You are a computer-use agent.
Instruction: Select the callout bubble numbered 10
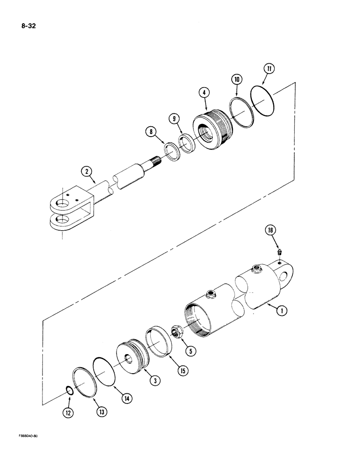tap(237, 80)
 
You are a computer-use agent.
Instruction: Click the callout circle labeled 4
tap(203, 94)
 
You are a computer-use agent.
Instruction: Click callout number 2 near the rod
tap(86, 172)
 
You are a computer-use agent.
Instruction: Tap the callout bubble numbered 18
tap(271, 230)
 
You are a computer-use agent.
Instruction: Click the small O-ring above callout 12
tap(68, 390)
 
